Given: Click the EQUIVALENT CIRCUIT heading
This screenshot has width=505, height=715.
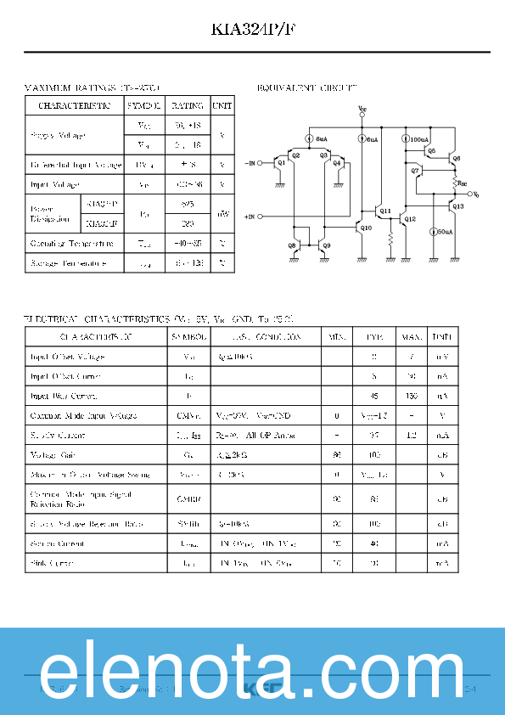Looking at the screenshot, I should (x=306, y=87).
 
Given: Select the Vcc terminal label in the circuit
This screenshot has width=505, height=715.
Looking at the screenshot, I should (x=362, y=109).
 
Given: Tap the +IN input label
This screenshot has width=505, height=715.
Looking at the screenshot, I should (x=250, y=217).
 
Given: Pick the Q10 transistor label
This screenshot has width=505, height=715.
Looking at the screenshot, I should (x=366, y=228).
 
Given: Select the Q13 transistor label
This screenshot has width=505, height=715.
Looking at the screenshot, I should (x=458, y=206).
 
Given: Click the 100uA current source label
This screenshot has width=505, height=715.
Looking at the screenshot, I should (x=419, y=138).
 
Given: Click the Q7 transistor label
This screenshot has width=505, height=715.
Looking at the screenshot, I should (x=415, y=172).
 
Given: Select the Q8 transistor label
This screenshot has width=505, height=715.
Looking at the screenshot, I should (x=291, y=245).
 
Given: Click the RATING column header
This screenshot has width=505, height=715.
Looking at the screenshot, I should (x=188, y=106).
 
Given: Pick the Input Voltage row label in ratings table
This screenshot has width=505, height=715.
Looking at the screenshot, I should (x=54, y=184).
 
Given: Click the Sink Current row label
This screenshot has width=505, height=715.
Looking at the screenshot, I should (x=52, y=563).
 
